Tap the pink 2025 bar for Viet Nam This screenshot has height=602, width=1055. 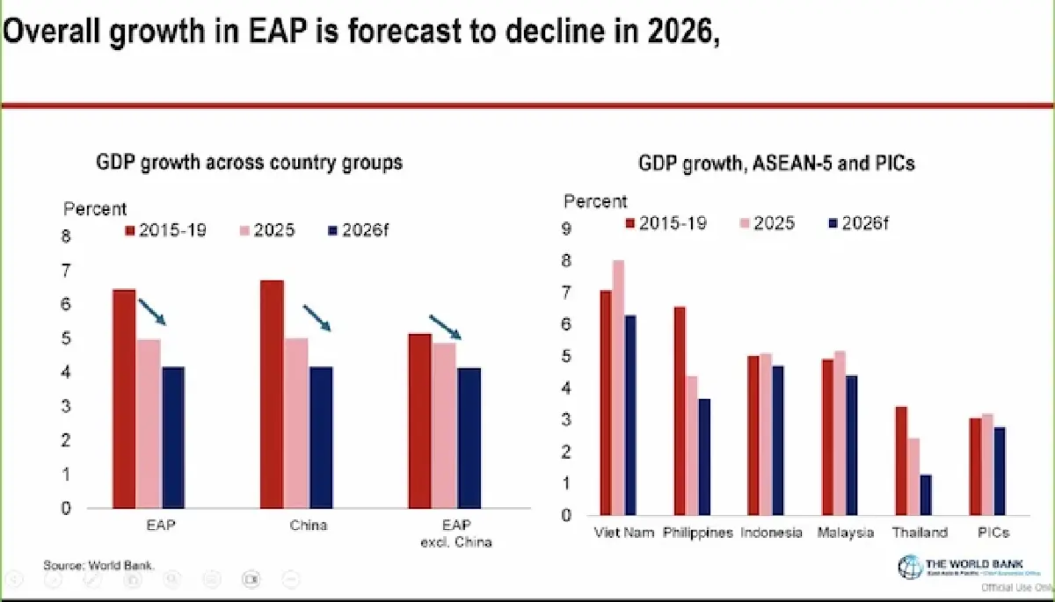(x=618, y=388)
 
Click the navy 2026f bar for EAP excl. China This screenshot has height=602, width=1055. (x=469, y=438)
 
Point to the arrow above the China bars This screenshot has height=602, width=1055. (x=316, y=318)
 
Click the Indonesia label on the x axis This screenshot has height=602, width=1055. (x=771, y=533)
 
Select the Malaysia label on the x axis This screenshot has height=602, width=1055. (x=845, y=533)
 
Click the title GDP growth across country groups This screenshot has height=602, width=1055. (x=249, y=163)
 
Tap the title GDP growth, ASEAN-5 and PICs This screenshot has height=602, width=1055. (x=776, y=164)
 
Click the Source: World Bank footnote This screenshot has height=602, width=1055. (x=99, y=564)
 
